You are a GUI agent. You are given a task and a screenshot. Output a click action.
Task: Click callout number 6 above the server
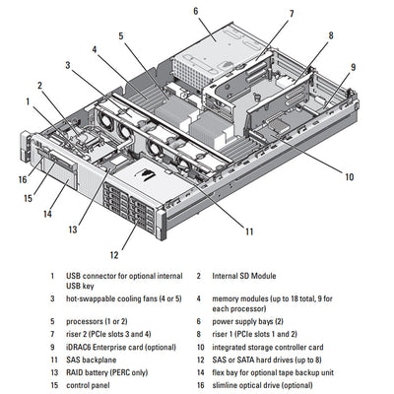tap(196, 11)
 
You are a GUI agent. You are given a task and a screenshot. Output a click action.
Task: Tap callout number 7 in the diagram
tap(292, 14)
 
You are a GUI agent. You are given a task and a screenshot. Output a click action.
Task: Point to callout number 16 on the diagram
tap(22, 179)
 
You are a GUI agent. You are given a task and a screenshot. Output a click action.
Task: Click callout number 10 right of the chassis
tap(349, 177)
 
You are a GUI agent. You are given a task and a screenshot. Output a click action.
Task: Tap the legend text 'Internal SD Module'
tap(246, 277)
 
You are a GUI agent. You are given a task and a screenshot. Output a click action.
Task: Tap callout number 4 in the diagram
tap(95, 48)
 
